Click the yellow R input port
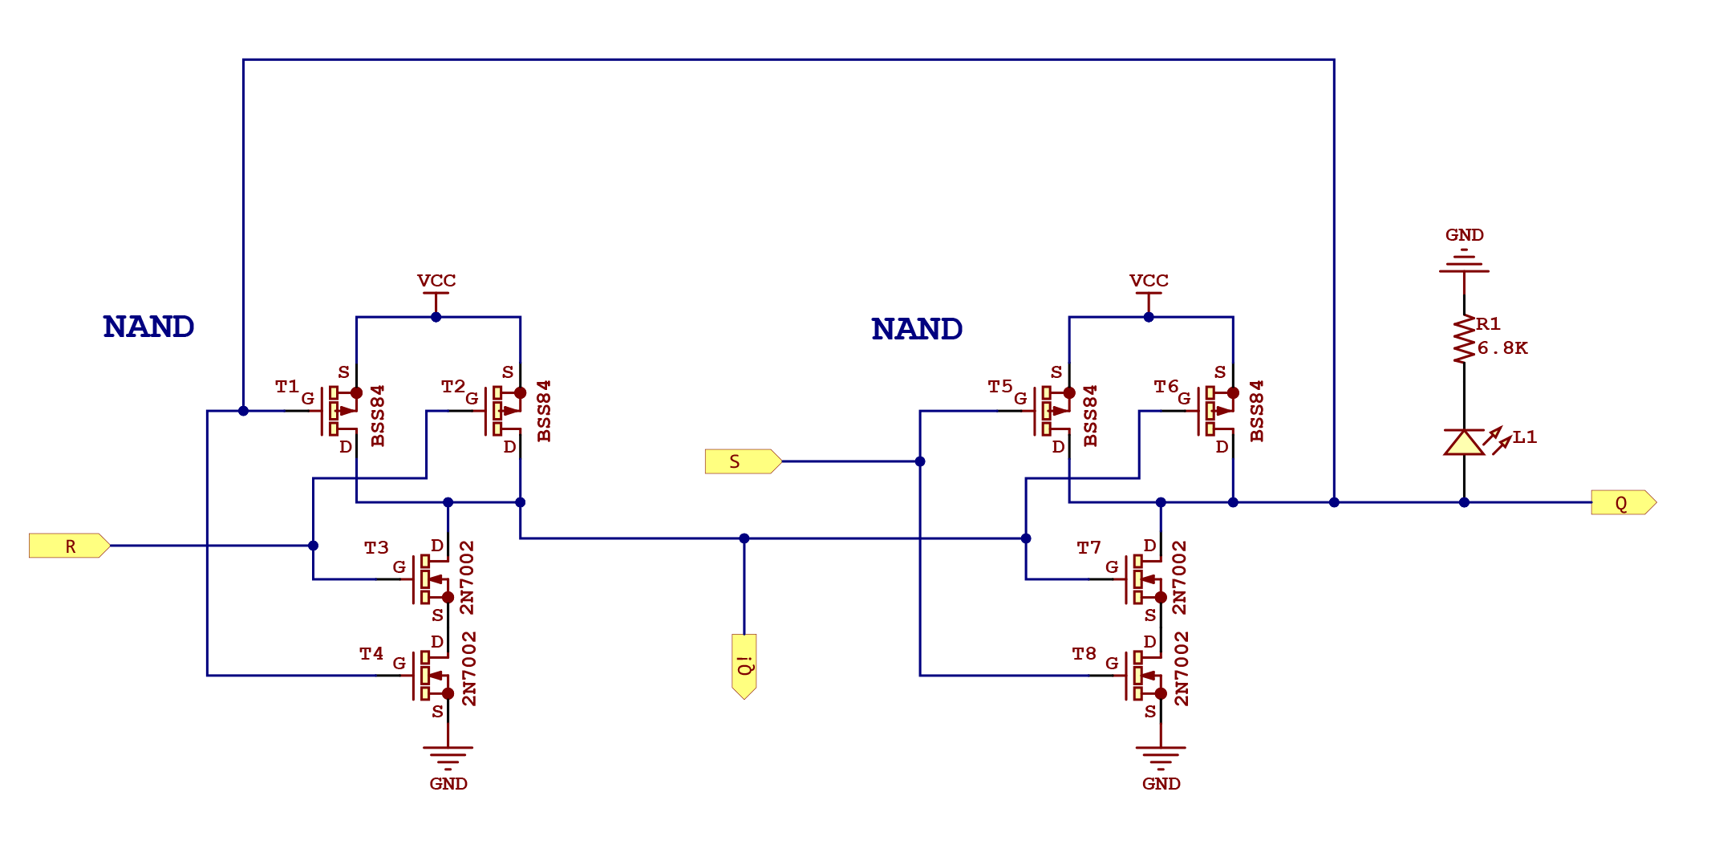pos(69,546)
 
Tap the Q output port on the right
pos(1623,502)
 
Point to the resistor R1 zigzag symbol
pos(1464,339)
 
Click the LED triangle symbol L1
pos(1464,443)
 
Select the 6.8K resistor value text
pos(1502,348)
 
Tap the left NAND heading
pos(148,327)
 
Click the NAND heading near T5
pos(917,329)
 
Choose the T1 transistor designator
pos(286,387)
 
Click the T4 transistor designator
pos(371,654)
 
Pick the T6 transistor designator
pos(1166,387)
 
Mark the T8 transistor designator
pos(1084,654)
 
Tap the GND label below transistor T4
pos(448,783)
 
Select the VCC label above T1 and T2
pos(436,281)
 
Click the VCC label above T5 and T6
pos(1149,281)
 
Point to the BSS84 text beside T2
pos(544,411)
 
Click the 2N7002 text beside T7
pos(1179,578)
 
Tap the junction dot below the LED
pos(1464,502)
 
